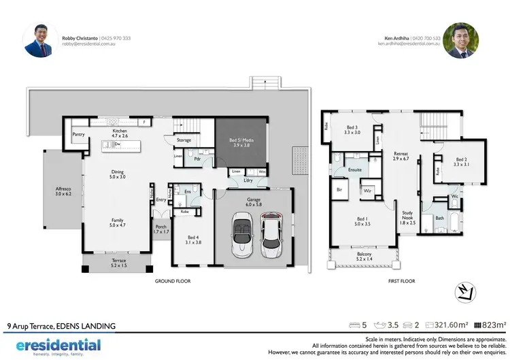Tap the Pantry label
point(79,135)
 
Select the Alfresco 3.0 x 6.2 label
point(63,191)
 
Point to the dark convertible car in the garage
point(241,233)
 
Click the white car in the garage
point(273,233)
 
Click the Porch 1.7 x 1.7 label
point(161,230)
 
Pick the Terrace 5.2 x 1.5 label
point(118,263)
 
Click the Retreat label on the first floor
point(401,157)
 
